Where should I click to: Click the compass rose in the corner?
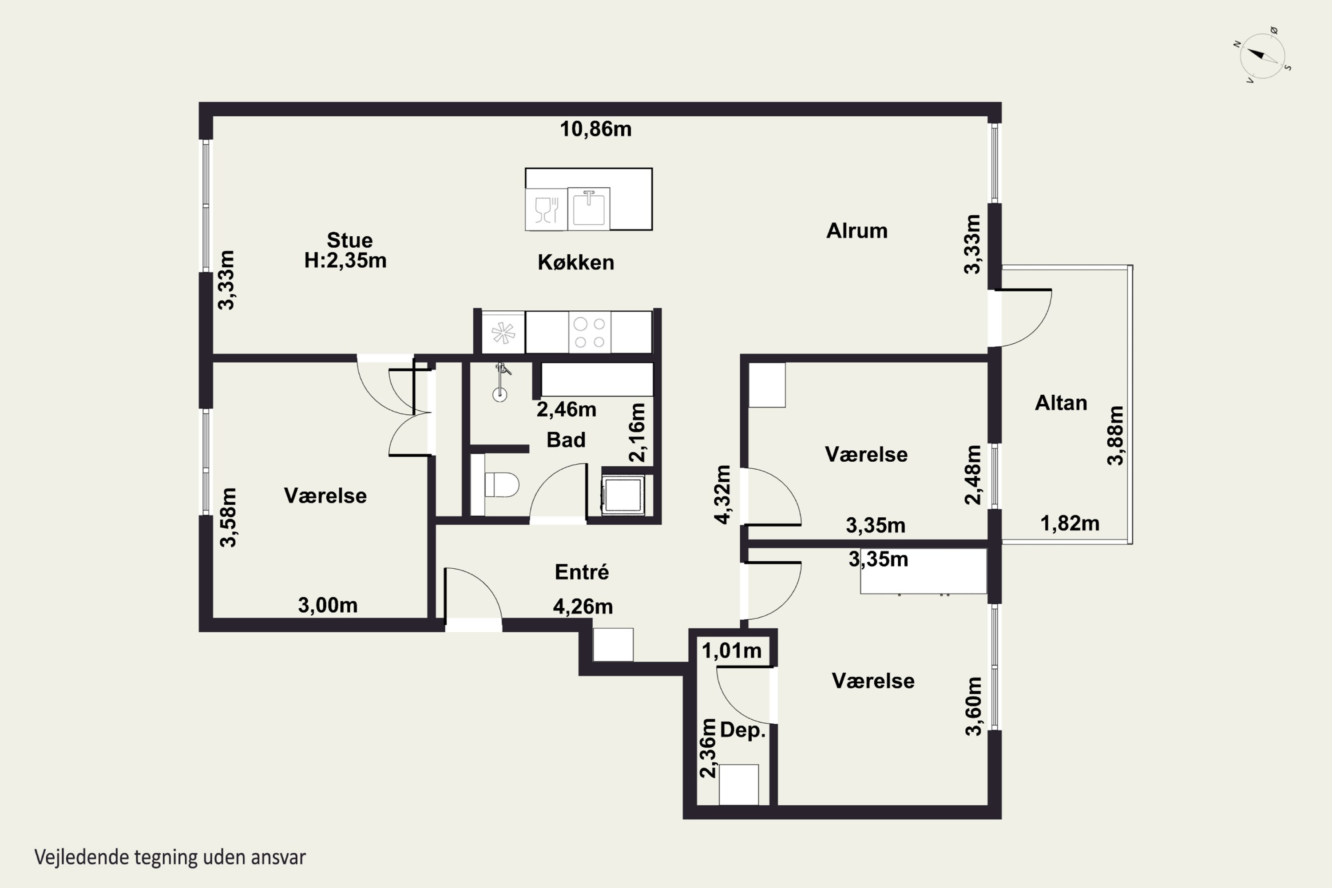(1262, 55)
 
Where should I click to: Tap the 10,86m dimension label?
(596, 129)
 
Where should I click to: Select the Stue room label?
(349, 240)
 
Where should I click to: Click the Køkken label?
(576, 262)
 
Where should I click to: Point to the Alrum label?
(857, 230)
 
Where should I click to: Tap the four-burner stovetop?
(590, 333)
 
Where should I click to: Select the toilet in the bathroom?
(502, 485)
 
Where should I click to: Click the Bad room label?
(566, 440)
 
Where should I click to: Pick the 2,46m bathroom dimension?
(567, 409)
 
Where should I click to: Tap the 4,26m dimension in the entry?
(583, 607)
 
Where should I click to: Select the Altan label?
(1061, 403)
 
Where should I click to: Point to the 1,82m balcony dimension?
(1070, 523)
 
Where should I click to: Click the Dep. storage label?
(742, 730)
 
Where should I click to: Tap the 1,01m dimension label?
(732, 651)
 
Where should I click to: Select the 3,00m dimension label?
(328, 606)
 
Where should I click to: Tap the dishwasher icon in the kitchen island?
(546, 209)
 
